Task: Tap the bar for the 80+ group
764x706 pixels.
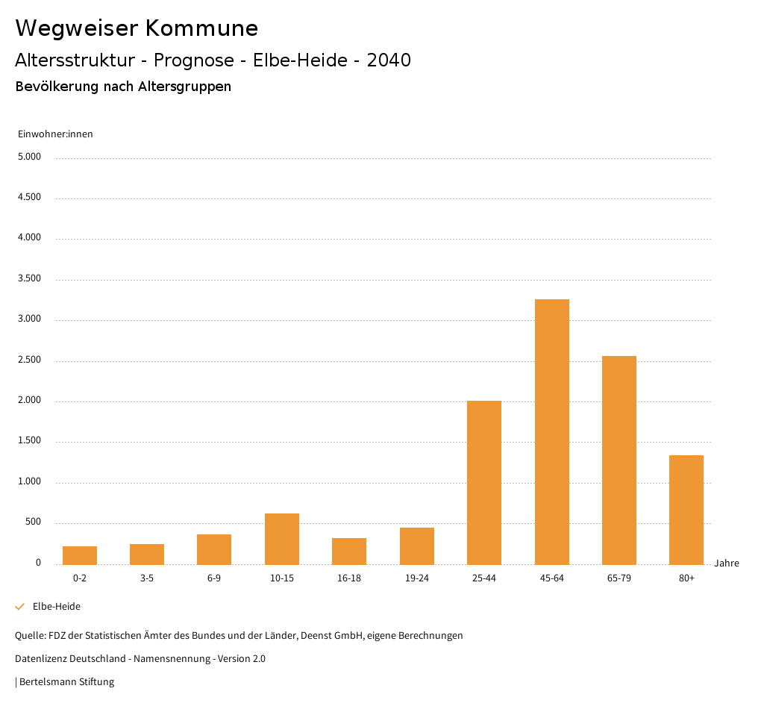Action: [686, 510]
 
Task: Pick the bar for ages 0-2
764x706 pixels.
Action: [80, 555]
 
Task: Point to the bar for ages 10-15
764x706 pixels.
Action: [282, 539]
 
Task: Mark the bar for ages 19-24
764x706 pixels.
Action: [417, 546]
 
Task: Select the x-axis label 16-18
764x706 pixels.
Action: [349, 578]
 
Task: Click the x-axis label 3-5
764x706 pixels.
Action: [147, 578]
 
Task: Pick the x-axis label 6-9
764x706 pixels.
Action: [214, 578]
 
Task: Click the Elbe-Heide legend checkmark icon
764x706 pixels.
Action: [20, 607]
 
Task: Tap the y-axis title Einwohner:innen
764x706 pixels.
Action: [55, 134]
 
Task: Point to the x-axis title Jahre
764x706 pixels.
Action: [727, 563]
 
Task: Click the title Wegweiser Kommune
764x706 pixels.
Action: [137, 28]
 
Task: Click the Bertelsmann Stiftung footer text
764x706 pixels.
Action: [66, 682]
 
